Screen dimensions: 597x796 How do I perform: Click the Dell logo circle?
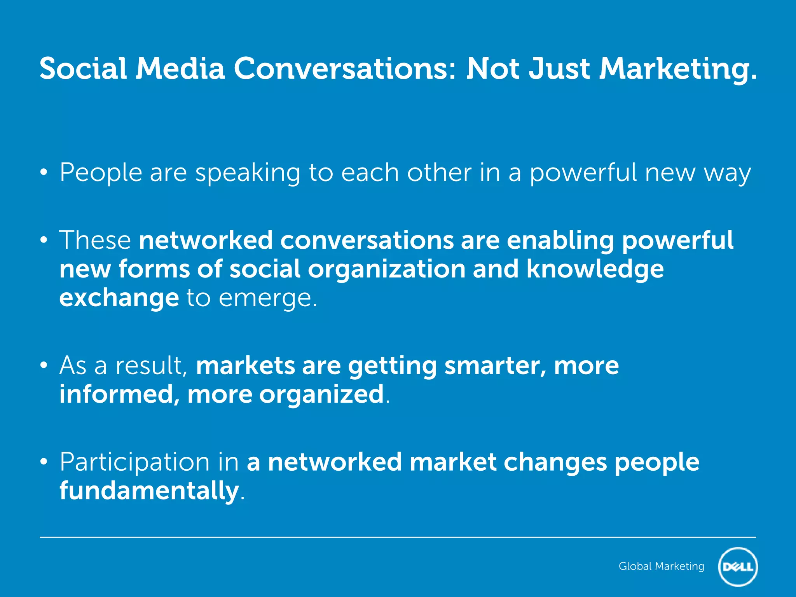[738, 567]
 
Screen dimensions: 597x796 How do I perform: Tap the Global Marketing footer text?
[661, 566]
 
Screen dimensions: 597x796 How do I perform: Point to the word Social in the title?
[83, 69]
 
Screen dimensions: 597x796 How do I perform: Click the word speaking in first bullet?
[248, 173]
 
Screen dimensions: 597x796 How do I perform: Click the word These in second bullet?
[95, 240]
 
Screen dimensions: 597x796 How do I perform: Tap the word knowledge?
[595, 269]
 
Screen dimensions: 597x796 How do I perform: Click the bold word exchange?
[119, 298]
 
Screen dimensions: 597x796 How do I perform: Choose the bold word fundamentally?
[149, 491]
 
